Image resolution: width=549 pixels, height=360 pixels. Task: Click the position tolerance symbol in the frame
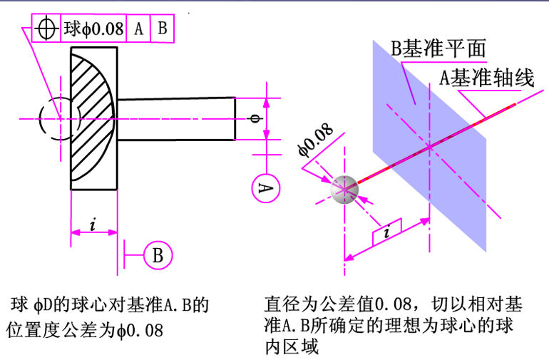pyautogui.click(x=47, y=29)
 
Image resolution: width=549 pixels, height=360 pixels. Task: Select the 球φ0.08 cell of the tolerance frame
pyautogui.click(x=94, y=29)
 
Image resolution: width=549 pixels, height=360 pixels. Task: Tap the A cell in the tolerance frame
pyautogui.click(x=138, y=29)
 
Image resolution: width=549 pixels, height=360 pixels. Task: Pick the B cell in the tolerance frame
pyautogui.click(x=162, y=29)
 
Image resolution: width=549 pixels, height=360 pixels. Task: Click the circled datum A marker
pyautogui.click(x=265, y=187)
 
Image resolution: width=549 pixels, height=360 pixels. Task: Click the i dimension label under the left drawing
pyautogui.click(x=93, y=225)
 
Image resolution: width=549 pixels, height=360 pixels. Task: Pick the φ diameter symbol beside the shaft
pyautogui.click(x=257, y=118)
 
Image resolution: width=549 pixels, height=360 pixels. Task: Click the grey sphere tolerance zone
pyautogui.click(x=344, y=189)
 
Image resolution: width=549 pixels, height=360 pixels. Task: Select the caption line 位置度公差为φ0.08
pyautogui.click(x=85, y=331)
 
